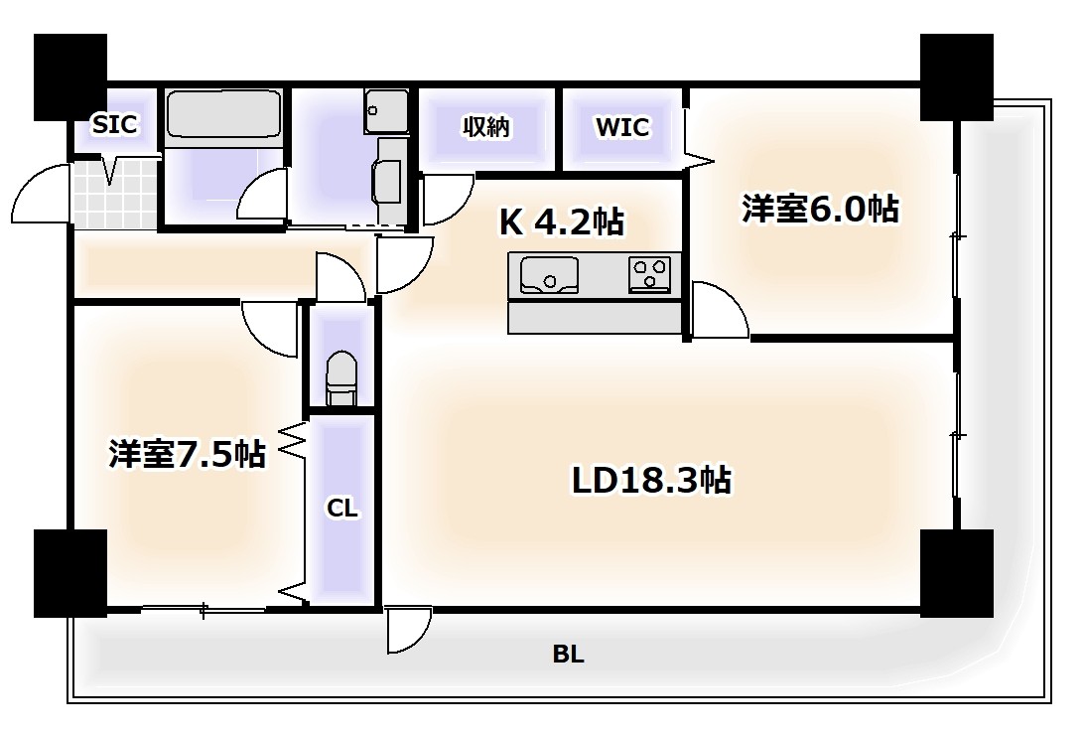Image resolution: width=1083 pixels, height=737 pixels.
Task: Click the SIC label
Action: click(114, 125)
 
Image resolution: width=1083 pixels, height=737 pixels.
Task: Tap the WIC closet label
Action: click(622, 127)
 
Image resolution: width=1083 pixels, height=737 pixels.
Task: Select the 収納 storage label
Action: click(486, 127)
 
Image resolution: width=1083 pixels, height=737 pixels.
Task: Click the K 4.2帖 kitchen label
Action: click(561, 222)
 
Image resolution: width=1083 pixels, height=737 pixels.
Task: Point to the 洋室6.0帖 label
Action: click(820, 210)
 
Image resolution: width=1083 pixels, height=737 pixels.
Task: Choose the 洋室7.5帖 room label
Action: click(187, 454)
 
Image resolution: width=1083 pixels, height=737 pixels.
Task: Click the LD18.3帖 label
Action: click(651, 480)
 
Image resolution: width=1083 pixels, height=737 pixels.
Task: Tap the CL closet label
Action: click(342, 509)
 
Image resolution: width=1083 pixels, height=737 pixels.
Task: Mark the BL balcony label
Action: click(568, 655)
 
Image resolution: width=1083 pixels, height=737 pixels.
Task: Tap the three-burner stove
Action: click(650, 273)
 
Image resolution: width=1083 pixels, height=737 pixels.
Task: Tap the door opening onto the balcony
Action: click(409, 630)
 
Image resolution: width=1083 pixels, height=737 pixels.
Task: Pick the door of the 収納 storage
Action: click(447, 199)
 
